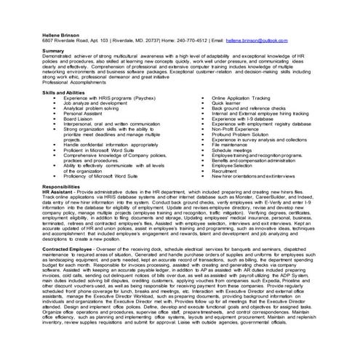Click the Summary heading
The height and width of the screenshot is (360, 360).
(54, 50)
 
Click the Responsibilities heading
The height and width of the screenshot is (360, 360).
(67, 207)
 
